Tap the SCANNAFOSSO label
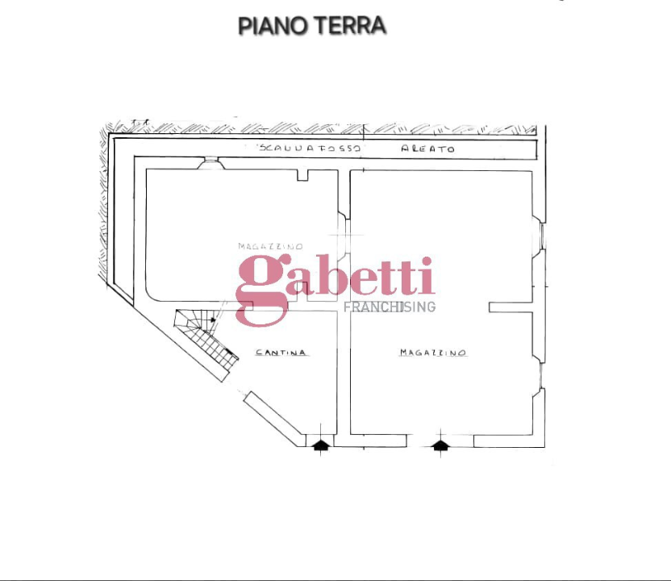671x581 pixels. (310, 149)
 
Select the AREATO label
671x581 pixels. (428, 149)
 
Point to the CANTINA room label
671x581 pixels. (281, 353)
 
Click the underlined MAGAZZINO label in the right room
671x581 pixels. (433, 353)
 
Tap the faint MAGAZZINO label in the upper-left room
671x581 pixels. (270, 246)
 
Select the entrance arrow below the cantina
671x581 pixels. (321, 444)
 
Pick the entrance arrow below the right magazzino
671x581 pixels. (440, 444)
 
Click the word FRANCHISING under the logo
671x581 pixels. (390, 307)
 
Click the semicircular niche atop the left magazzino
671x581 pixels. (210, 164)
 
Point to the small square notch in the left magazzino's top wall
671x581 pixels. (303, 175)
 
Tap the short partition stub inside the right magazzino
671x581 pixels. (511, 307)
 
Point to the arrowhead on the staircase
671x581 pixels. (213, 320)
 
